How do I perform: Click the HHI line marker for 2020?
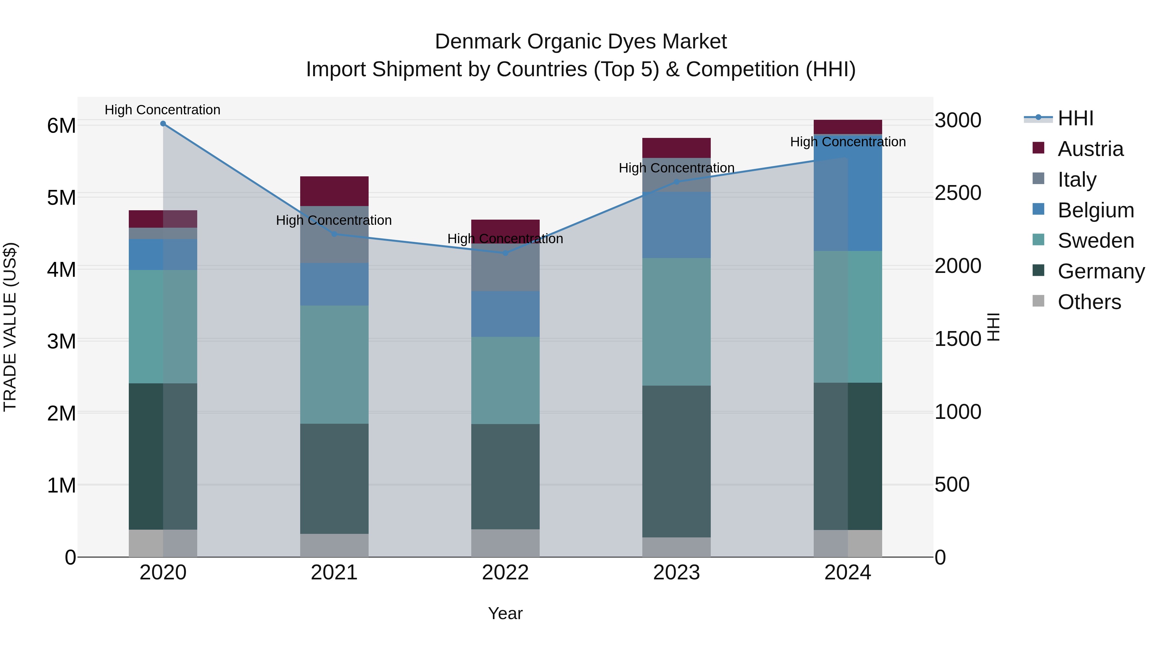pos(163,124)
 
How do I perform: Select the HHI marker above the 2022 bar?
pos(505,253)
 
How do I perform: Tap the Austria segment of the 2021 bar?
pos(334,191)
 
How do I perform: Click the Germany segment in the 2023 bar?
pos(676,461)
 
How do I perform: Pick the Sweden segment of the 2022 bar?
pos(505,380)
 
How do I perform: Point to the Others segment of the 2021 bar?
pos(334,545)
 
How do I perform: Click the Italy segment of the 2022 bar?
pos(505,267)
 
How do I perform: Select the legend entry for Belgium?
pos(1095,210)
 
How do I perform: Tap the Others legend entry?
pos(1088,302)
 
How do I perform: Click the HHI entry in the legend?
pos(1075,118)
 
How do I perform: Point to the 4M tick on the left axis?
pos(61,269)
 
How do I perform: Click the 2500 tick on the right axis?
pos(958,193)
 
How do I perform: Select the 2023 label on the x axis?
pos(676,573)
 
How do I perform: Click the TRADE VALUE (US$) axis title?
pos(10,327)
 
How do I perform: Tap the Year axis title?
pos(505,613)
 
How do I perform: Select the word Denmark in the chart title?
pos(478,42)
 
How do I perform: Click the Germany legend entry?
pos(1100,271)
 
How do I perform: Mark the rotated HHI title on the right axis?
pos(994,327)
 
